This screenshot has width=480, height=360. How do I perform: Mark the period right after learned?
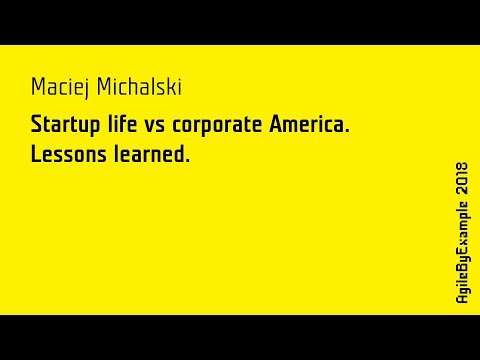[x=187, y=161]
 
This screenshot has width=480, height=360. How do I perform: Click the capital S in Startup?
[x=37, y=126]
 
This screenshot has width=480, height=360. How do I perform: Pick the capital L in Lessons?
[x=36, y=154]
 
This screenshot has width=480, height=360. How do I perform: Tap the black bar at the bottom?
[x=240, y=337]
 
